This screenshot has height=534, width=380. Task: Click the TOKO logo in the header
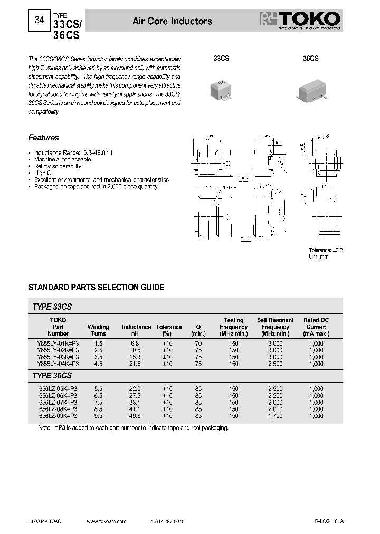click(x=300, y=21)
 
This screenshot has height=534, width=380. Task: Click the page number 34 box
click(x=39, y=21)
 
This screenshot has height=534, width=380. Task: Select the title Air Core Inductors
click(x=172, y=21)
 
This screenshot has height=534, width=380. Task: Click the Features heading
click(x=43, y=138)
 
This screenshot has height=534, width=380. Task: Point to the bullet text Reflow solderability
click(x=58, y=166)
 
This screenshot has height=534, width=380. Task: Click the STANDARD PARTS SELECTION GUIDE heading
click(x=96, y=288)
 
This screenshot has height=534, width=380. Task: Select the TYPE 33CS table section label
click(x=52, y=307)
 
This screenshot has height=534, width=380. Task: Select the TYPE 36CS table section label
click(x=52, y=376)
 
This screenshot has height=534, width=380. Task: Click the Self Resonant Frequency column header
click(x=275, y=327)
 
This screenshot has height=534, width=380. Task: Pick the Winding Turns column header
click(x=98, y=330)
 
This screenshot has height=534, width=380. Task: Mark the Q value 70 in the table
click(x=198, y=343)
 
